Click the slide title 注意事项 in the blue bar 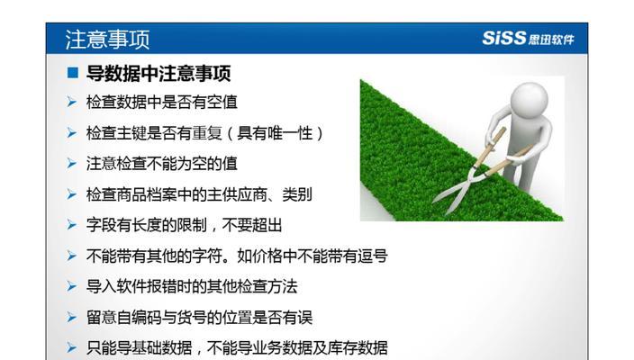(x=107, y=40)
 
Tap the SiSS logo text (x=503, y=38)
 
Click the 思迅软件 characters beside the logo (x=551, y=39)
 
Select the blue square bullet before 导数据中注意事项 (x=73, y=73)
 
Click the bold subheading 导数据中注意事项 (x=158, y=74)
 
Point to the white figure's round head (x=530, y=101)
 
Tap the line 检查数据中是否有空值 (x=162, y=103)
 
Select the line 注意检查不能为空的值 (x=162, y=164)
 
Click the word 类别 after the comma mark (x=297, y=194)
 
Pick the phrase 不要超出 (x=252, y=225)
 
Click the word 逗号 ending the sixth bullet (x=373, y=256)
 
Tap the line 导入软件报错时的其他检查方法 (x=192, y=286)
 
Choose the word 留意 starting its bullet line (x=101, y=317)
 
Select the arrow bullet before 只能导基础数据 (x=71, y=348)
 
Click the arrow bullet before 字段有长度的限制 (x=71, y=225)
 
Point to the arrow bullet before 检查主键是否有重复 (x=71, y=133)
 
